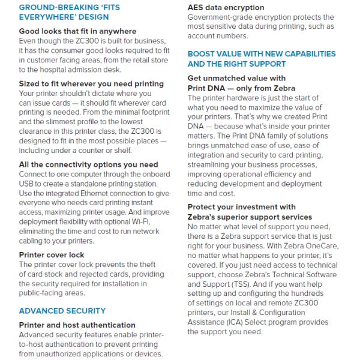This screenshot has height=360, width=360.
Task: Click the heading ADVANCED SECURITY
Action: (x=62, y=311)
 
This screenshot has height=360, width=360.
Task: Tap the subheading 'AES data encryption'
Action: (x=226, y=8)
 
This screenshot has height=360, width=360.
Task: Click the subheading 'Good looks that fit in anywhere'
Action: (x=78, y=31)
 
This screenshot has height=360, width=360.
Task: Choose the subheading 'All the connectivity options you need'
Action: (x=89, y=164)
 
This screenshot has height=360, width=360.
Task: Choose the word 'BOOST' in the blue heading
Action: (x=203, y=53)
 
